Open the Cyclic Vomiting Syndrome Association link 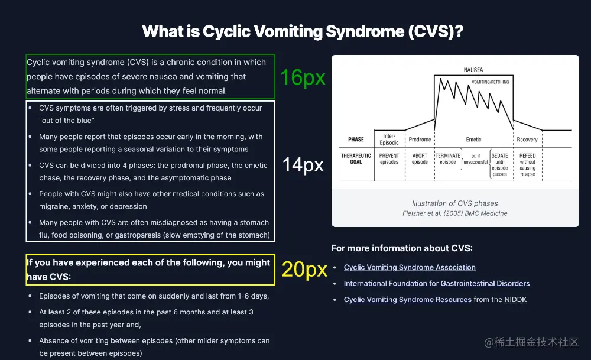pyautogui.click(x=410, y=268)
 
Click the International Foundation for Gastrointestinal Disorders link pyautogui.click(x=437, y=284)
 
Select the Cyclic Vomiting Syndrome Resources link pyautogui.click(x=408, y=300)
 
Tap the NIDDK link pyautogui.click(x=515, y=300)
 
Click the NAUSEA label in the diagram pyautogui.click(x=473, y=70)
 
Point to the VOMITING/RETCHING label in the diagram pyautogui.click(x=490, y=82)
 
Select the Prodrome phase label pyautogui.click(x=420, y=140)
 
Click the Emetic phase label pyautogui.click(x=473, y=140)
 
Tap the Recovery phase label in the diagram pyautogui.click(x=527, y=140)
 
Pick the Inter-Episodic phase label pyautogui.click(x=389, y=139)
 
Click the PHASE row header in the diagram pyautogui.click(x=356, y=140)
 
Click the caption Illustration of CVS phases pyautogui.click(x=455, y=203)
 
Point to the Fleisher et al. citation pyautogui.click(x=455, y=213)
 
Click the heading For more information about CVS pyautogui.click(x=402, y=248)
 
